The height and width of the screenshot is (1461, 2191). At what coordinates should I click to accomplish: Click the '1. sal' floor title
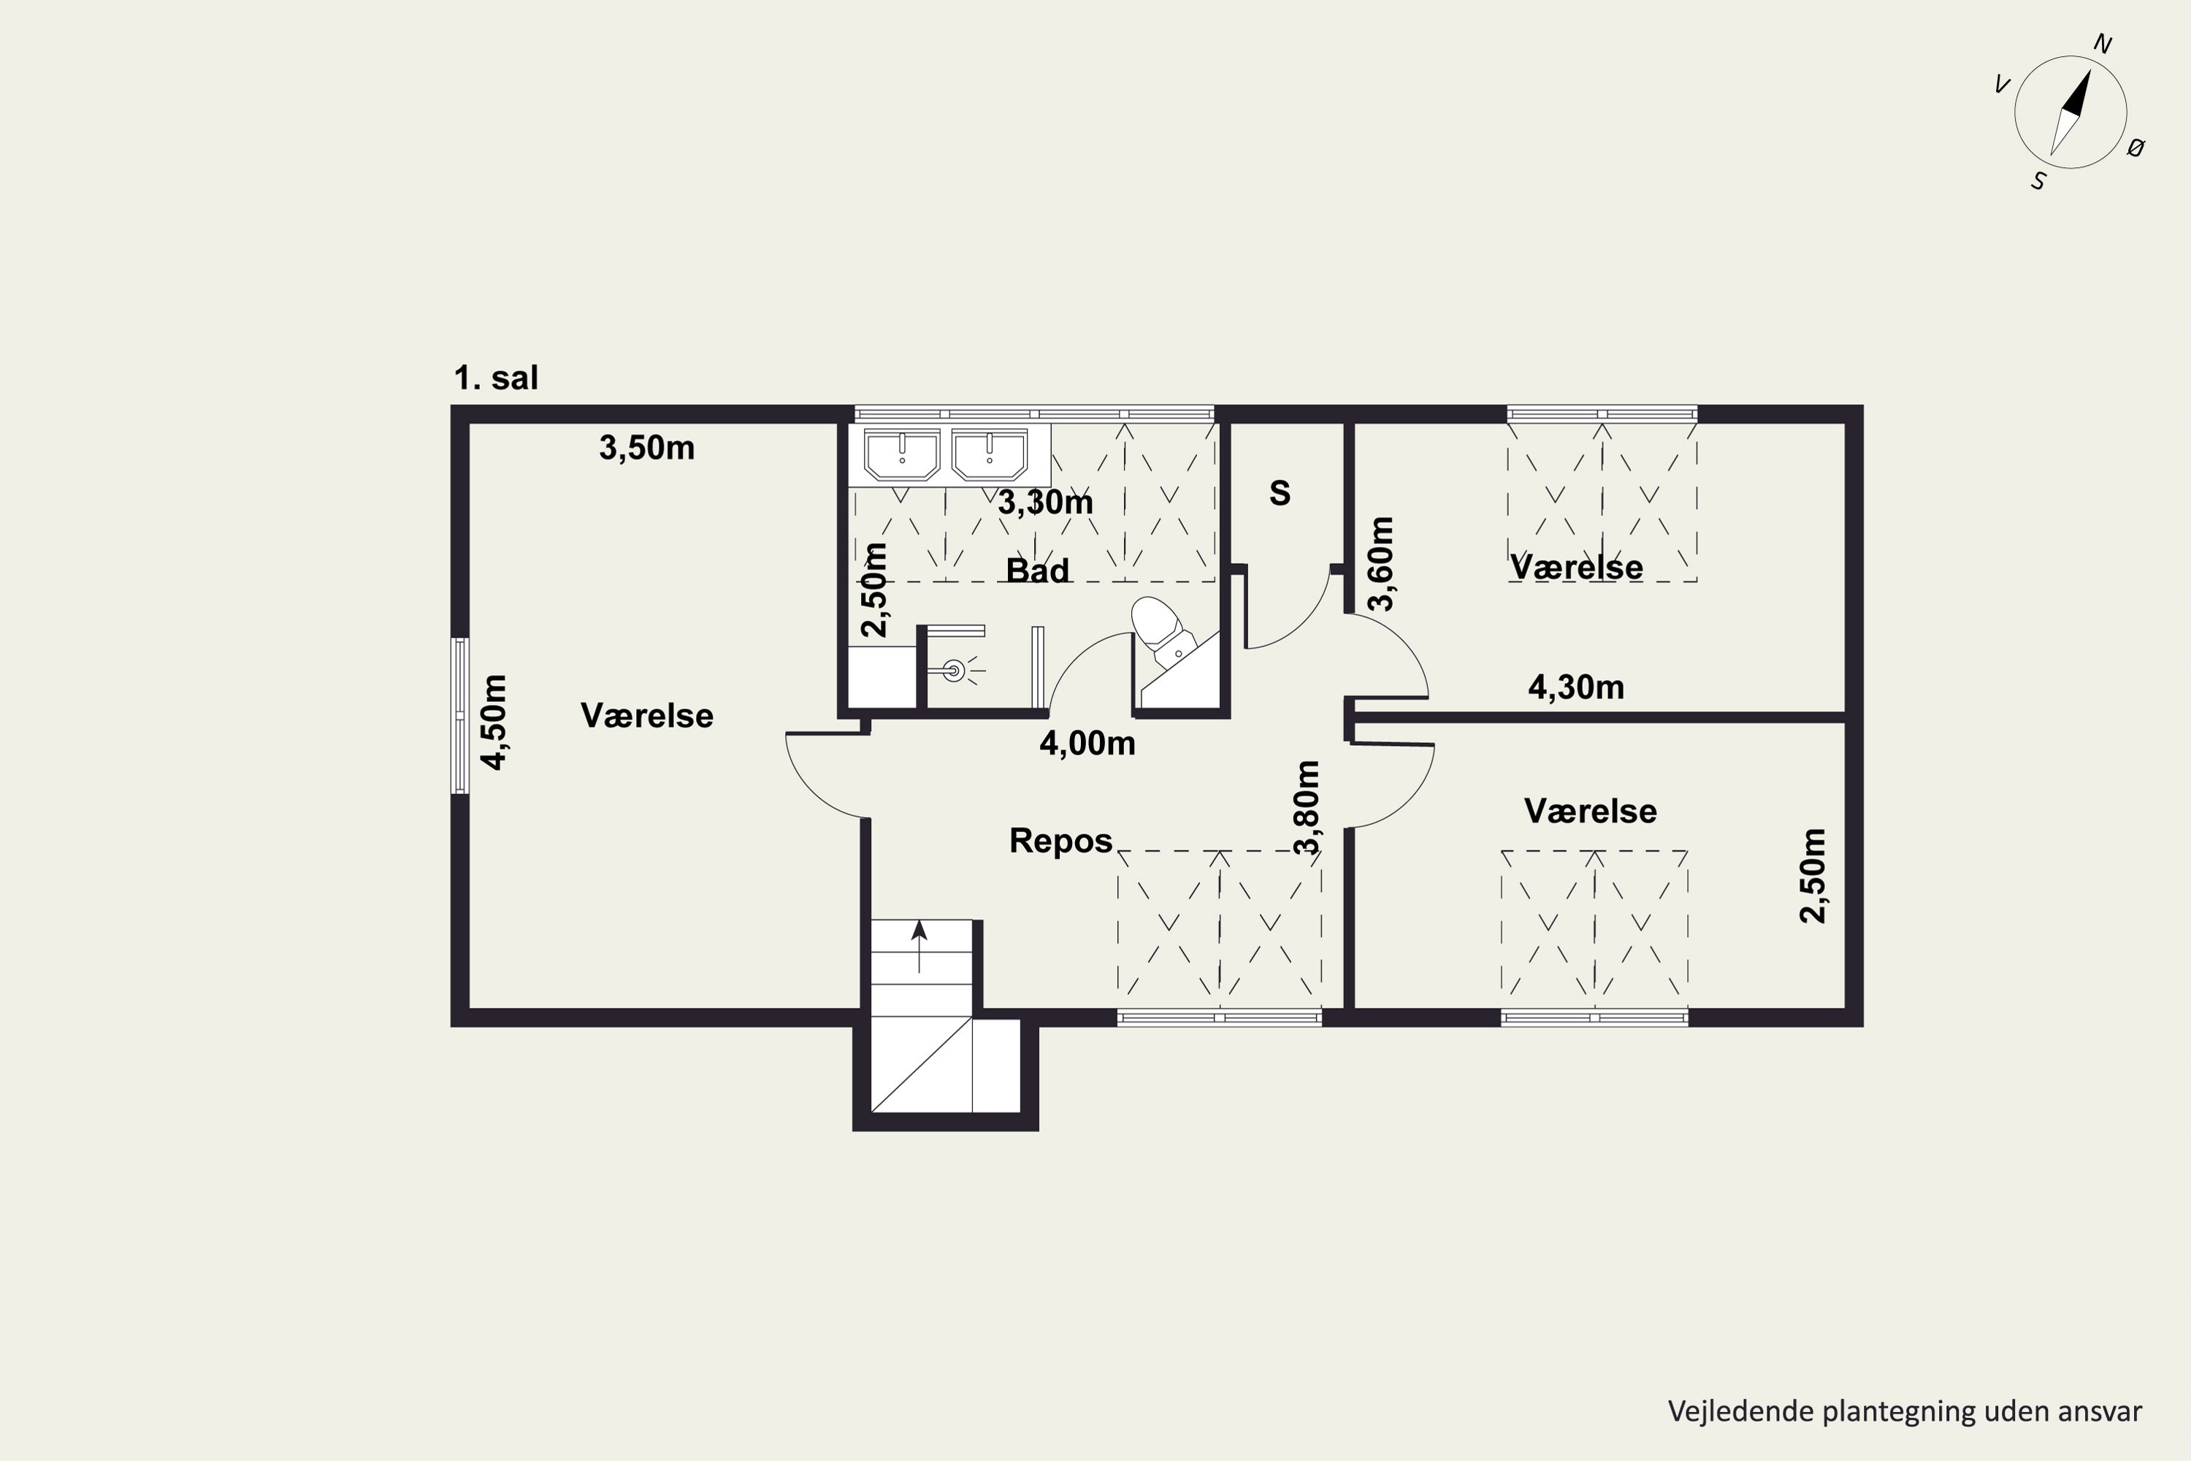tap(496, 378)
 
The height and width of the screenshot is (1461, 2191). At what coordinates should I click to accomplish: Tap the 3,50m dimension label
tap(646, 449)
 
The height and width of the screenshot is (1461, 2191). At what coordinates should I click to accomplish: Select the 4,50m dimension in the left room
tap(494, 722)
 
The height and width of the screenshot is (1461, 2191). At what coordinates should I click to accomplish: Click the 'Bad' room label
tap(1038, 571)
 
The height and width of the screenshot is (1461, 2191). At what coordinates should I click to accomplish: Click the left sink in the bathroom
tap(902, 454)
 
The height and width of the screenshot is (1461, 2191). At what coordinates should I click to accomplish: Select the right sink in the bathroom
tap(990, 454)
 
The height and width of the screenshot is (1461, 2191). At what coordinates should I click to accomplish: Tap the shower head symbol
tap(955, 669)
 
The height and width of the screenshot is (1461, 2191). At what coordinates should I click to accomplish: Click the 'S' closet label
tap(1280, 493)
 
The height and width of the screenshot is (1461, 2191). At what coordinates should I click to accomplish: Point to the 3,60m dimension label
tap(1382, 564)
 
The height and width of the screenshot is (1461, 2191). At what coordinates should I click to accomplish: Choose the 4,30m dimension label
tap(1576, 687)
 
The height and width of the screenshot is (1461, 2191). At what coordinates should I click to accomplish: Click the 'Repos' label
tap(1061, 841)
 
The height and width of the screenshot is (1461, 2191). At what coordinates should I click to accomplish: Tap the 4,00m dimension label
tap(1087, 744)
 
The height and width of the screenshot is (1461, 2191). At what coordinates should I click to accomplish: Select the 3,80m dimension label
tap(1307, 808)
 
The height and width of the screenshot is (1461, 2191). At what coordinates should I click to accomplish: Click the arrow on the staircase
tap(919, 947)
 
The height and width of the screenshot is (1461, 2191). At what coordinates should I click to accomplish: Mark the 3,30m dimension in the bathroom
tap(1045, 503)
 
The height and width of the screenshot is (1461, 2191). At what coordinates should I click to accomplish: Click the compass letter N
tap(2103, 44)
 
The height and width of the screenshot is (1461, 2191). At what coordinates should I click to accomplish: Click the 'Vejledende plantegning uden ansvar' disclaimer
tap(1905, 1411)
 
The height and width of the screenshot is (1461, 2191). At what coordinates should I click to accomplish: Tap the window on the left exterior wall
tap(460, 716)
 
